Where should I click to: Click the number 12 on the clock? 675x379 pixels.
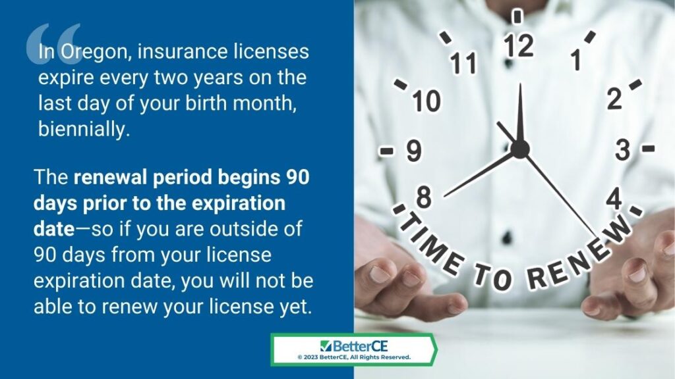[519, 45]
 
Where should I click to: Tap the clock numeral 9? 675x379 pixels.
[414, 151]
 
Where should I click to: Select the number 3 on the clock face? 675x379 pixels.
[622, 149]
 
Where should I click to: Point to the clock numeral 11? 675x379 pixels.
[463, 63]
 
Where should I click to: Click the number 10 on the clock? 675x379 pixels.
[426, 101]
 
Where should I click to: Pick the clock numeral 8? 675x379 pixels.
[424, 197]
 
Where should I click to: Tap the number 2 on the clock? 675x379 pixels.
[614, 99]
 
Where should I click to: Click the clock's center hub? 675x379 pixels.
[520, 149]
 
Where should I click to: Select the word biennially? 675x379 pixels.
[84, 129]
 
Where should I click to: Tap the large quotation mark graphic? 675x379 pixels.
[53, 43]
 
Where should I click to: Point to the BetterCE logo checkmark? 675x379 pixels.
[326, 346]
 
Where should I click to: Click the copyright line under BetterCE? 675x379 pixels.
[354, 357]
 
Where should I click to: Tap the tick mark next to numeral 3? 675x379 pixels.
[649, 149]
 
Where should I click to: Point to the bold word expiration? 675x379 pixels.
[238, 203]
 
